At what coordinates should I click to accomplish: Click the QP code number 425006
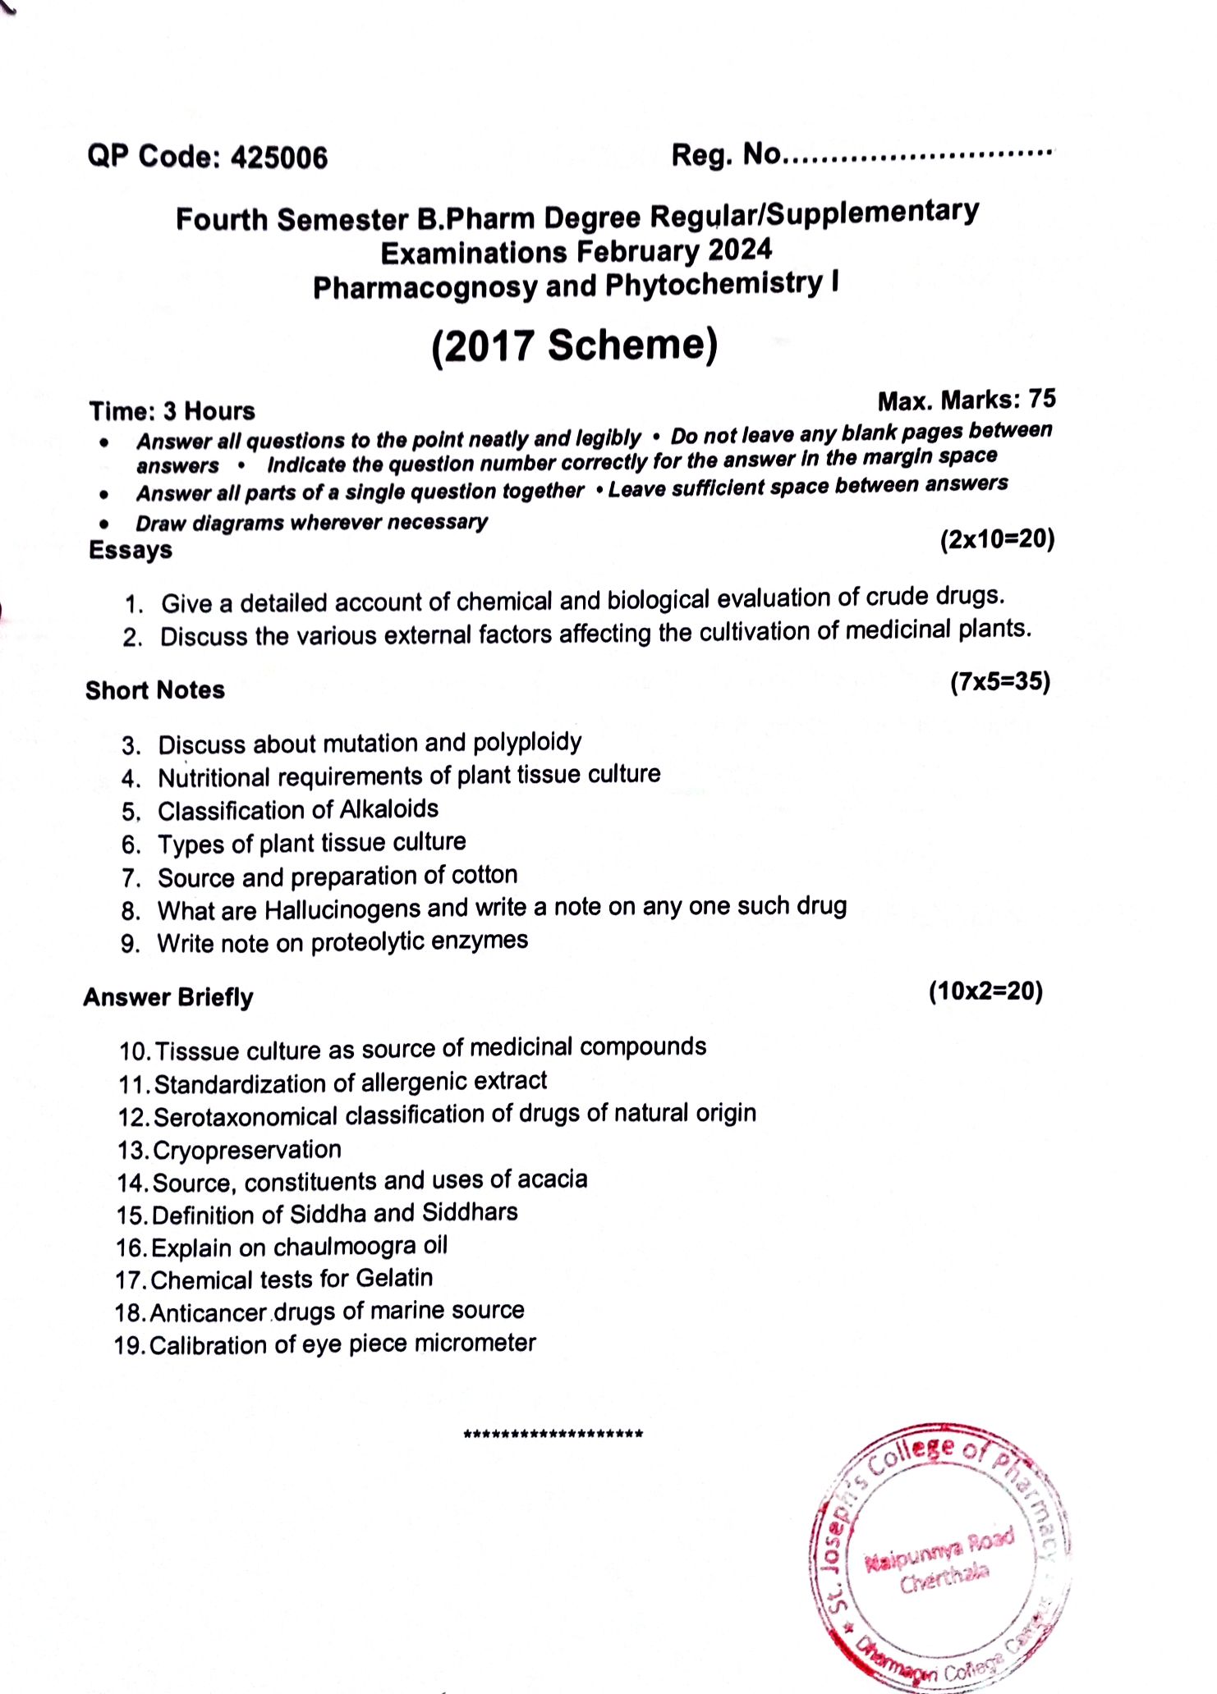[279, 157]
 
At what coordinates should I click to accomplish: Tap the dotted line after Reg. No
[918, 153]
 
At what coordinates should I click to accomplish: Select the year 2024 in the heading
[740, 249]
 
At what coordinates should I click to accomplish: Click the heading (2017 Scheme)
[575, 346]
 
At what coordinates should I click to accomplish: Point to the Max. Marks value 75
[1042, 398]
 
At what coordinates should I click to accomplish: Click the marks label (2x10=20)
[997, 539]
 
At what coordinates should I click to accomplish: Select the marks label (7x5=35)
[1000, 681]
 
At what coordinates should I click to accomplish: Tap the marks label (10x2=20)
[985, 991]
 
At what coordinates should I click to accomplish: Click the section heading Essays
[131, 549]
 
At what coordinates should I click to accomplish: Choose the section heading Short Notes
[155, 690]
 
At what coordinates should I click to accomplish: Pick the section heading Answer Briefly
[168, 997]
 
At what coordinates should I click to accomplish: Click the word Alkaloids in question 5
[389, 809]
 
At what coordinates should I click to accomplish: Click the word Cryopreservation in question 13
[247, 1150]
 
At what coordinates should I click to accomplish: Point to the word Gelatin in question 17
[395, 1278]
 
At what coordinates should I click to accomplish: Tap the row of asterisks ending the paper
[553, 1435]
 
